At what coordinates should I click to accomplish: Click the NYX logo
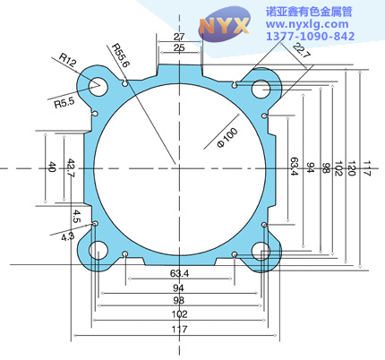(224, 24)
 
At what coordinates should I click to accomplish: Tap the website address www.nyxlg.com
(307, 24)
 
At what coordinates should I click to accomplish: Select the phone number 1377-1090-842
(310, 37)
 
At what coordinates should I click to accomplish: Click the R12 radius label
(68, 60)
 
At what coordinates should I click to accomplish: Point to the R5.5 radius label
(64, 103)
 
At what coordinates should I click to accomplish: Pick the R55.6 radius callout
(121, 56)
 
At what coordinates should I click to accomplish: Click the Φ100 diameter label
(227, 137)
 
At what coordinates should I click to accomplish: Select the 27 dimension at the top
(179, 37)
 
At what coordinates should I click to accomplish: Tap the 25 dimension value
(179, 47)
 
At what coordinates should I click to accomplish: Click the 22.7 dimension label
(302, 50)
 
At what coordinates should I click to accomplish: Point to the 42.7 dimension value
(71, 168)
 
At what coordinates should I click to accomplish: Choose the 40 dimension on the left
(52, 167)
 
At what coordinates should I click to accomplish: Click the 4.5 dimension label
(77, 217)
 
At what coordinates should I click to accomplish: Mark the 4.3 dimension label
(67, 236)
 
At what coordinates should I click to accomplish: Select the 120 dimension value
(352, 168)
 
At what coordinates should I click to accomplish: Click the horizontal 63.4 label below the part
(179, 273)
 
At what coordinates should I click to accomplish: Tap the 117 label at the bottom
(179, 330)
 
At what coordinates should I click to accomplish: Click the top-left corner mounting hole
(98, 87)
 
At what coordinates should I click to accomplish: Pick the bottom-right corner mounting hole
(261, 252)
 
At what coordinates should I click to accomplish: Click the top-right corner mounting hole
(261, 89)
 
